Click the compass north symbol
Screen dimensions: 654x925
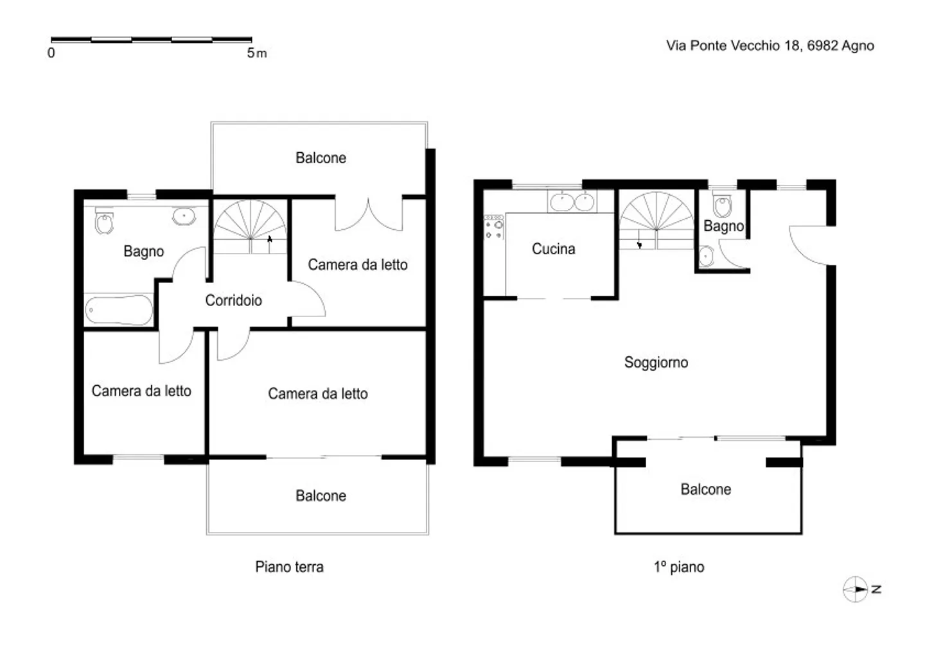click(856, 589)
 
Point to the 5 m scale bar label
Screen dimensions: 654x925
click(256, 53)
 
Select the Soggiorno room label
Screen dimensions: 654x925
click(656, 363)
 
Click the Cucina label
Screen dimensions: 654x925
click(553, 249)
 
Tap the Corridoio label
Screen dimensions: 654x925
click(233, 300)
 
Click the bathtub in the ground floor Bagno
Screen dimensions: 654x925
click(119, 311)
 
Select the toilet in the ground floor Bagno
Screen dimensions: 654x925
click(103, 222)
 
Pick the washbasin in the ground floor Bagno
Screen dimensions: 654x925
click(184, 216)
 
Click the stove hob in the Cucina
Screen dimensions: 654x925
click(494, 227)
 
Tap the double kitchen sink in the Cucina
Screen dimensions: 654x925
click(572, 202)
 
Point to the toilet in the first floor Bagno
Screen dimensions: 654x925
click(723, 205)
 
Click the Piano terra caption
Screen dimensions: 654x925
click(289, 567)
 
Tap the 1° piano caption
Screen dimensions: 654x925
click(678, 567)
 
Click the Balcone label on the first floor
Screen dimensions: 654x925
click(705, 490)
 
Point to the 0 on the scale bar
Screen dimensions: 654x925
click(51, 53)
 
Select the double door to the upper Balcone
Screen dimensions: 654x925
click(369, 215)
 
